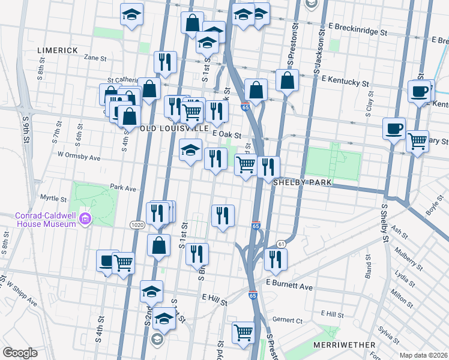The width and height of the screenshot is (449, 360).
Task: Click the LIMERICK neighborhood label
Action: click(x=58, y=50)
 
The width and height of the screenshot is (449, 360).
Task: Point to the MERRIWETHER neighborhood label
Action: click(x=344, y=345)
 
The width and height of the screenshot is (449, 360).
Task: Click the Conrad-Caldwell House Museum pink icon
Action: click(x=84, y=220)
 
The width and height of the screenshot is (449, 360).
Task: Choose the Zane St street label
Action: click(x=95, y=58)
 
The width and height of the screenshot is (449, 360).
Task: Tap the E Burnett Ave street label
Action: click(x=290, y=287)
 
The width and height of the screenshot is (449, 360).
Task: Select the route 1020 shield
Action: click(x=136, y=224)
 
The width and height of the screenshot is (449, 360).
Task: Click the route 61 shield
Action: click(x=281, y=243)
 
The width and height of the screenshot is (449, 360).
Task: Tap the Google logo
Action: click(x=20, y=352)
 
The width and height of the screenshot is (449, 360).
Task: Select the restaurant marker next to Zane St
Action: click(x=164, y=61)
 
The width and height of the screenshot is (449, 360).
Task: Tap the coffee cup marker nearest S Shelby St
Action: click(x=394, y=128)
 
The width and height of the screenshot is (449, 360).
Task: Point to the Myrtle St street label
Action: click(x=53, y=198)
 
